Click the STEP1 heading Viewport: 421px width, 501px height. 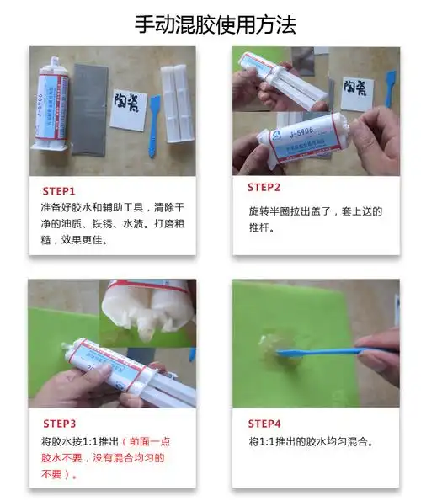click(x=59, y=191)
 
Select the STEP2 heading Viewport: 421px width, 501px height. click(x=264, y=187)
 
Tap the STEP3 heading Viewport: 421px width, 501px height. click(x=59, y=423)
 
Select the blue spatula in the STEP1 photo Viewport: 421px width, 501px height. click(x=153, y=126)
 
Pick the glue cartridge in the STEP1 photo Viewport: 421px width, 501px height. click(x=51, y=109)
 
